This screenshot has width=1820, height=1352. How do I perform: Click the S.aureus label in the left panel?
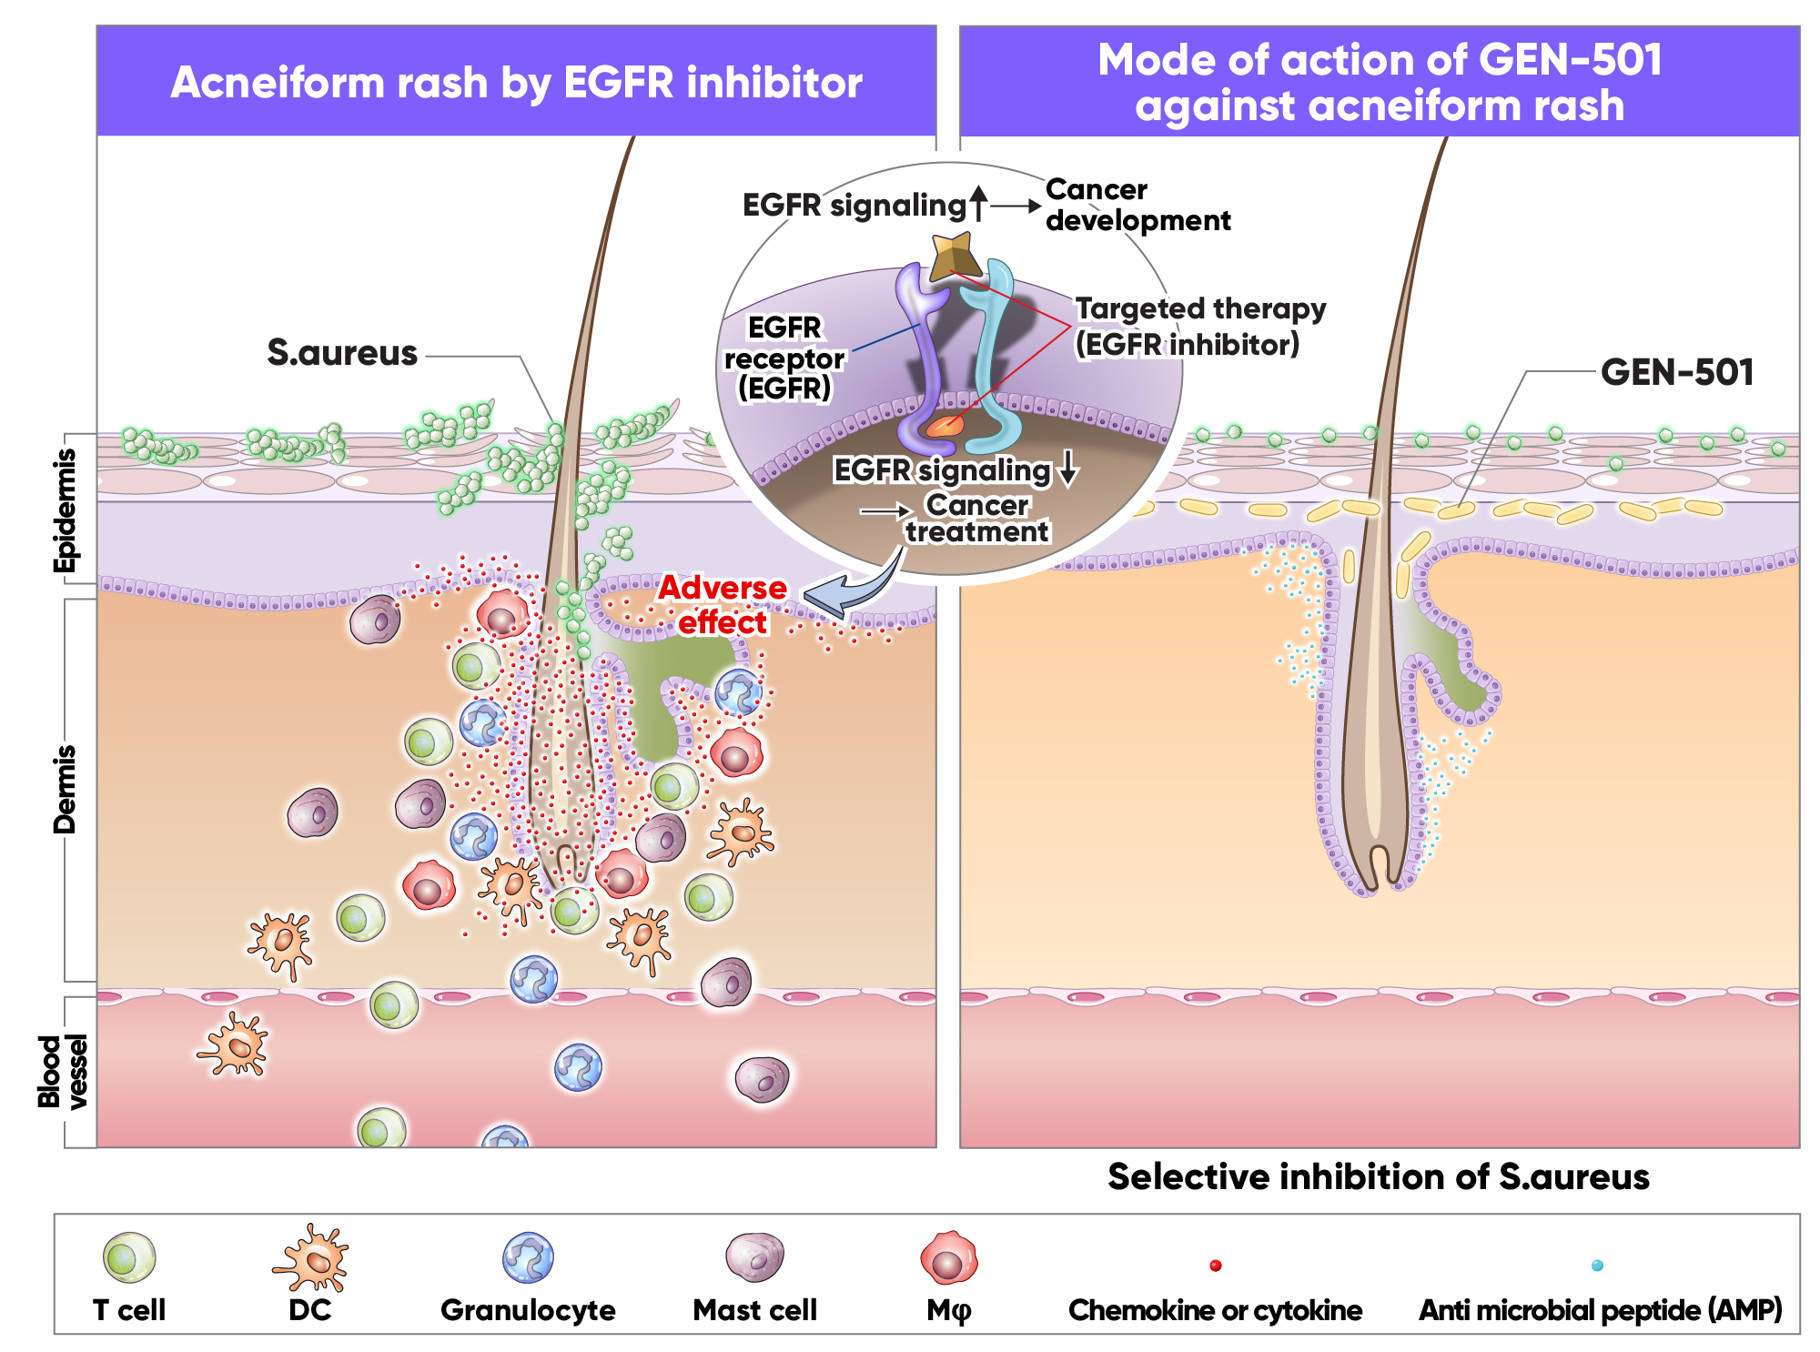[x=342, y=353]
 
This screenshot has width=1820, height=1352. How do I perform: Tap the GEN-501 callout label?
[x=1676, y=372]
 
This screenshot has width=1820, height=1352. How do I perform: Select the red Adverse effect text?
[x=723, y=605]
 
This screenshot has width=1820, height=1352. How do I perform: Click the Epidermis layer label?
[x=66, y=510]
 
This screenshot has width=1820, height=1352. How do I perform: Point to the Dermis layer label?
[x=66, y=789]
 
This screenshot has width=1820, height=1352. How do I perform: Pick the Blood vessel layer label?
[x=64, y=1071]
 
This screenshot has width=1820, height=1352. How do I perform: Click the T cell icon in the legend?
[x=129, y=1257]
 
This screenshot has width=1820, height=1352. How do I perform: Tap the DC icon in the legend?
[x=311, y=1258]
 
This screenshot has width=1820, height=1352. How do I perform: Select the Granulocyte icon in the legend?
[x=528, y=1257]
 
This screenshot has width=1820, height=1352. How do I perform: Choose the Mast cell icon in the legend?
[x=754, y=1256]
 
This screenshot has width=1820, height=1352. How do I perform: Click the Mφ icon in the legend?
[x=948, y=1258]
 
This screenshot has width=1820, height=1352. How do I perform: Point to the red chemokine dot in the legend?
[x=1215, y=1266]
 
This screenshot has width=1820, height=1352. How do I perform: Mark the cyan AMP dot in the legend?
[x=1597, y=1266]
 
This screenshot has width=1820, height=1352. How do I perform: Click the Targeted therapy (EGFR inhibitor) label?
[x=1199, y=327]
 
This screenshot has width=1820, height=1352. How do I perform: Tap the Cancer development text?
[x=1137, y=205]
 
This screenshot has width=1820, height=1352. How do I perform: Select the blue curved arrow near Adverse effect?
[x=851, y=591]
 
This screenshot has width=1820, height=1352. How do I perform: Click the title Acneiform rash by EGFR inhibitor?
[x=516, y=83]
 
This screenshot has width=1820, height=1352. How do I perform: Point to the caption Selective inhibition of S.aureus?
[x=1378, y=1177]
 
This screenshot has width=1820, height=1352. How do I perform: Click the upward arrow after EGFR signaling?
[x=978, y=204]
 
